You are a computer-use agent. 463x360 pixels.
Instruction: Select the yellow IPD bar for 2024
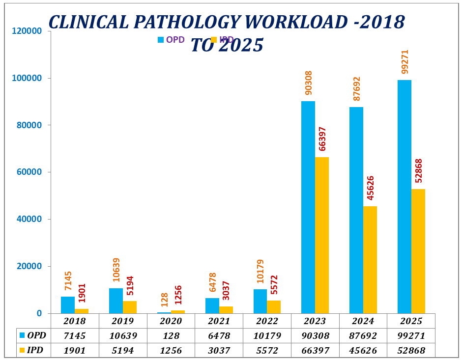(370, 260)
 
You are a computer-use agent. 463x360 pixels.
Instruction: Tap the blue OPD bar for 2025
(404, 196)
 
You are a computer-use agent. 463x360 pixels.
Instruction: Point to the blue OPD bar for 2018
(67, 305)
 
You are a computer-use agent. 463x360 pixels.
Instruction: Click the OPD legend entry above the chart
(171, 40)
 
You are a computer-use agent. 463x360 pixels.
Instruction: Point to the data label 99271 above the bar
(405, 61)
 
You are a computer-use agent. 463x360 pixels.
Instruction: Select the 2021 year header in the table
(219, 321)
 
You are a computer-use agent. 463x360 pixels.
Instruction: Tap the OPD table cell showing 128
(171, 336)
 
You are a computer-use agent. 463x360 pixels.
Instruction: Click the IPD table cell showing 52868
(411, 351)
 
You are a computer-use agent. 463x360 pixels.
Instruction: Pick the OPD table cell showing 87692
(363, 336)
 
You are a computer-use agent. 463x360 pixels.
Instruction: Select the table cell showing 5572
(267, 351)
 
